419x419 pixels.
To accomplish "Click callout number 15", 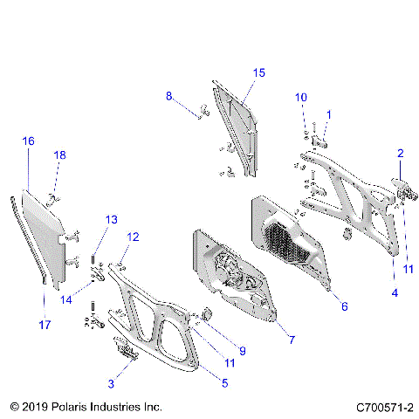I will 258,72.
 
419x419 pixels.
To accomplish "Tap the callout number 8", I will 169,97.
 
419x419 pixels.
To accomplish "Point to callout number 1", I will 329,114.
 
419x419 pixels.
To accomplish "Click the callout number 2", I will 401,154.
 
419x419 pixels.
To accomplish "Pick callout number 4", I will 394,293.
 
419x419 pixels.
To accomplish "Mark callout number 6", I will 343,306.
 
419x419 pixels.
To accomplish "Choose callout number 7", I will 291,338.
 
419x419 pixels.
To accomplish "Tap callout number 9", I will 242,351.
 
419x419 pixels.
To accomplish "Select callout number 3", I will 111,383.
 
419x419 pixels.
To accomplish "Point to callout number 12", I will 133,237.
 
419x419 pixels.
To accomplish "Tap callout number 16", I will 29,141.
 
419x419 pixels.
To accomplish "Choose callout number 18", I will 60,155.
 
